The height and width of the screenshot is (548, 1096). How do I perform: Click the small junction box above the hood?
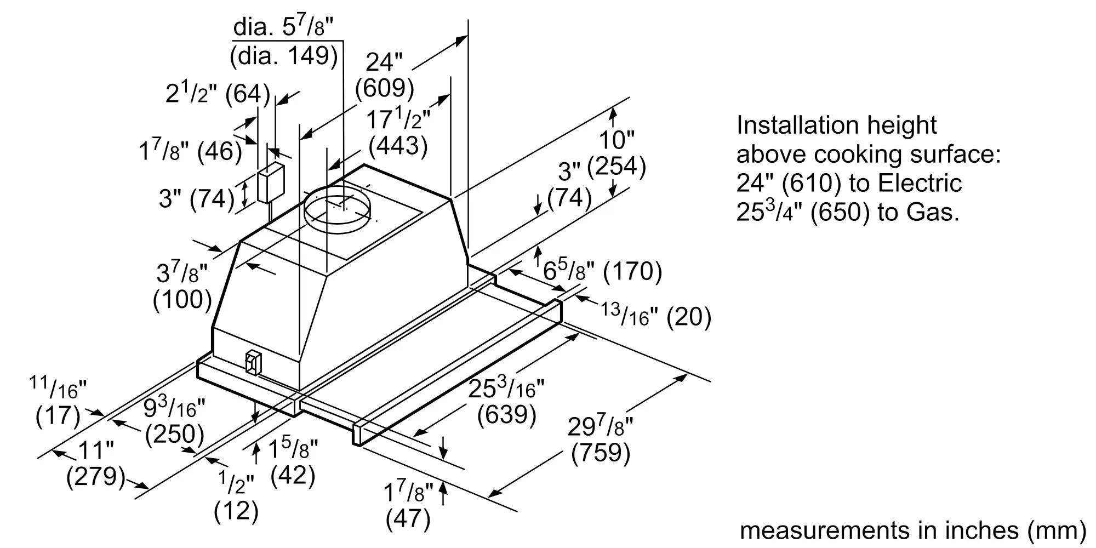click(270, 182)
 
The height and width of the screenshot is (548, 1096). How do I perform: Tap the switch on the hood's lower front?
click(253, 363)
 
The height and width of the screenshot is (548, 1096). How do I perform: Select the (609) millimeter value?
click(384, 88)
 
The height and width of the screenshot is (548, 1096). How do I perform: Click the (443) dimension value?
click(398, 145)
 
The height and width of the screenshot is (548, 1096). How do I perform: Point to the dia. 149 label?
click(284, 56)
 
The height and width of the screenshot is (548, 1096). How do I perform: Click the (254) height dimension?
click(616, 166)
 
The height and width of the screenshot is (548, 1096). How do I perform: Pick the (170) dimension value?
click(632, 271)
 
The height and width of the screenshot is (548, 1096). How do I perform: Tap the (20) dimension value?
click(688, 317)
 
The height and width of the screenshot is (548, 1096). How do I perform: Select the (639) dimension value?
click(506, 415)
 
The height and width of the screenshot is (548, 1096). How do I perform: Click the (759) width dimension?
click(601, 453)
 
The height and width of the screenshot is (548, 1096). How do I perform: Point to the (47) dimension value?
click(408, 518)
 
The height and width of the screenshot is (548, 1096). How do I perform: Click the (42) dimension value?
click(293, 475)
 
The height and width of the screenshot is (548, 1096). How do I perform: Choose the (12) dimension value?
click(236, 511)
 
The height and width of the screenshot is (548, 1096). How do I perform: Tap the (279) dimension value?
click(96, 476)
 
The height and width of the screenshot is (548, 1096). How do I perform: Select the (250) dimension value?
click(174, 435)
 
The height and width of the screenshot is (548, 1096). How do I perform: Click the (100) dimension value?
click(182, 299)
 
